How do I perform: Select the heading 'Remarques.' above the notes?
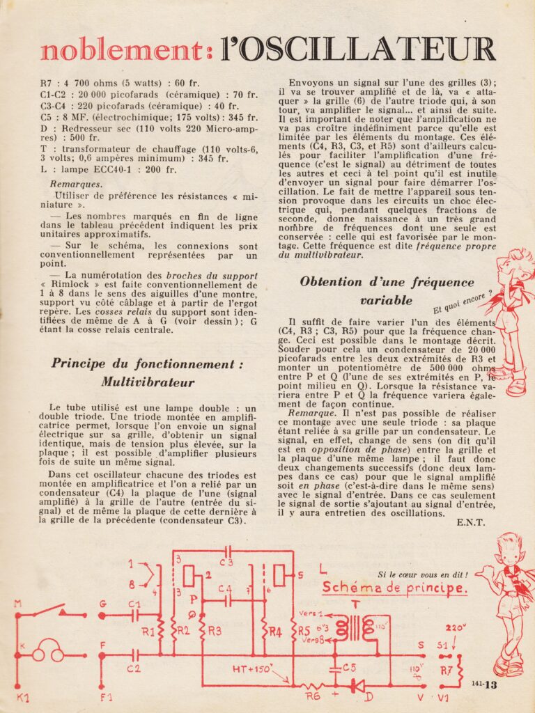(x=76, y=184)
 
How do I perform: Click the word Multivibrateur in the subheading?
(x=147, y=382)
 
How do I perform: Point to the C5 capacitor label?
(x=349, y=667)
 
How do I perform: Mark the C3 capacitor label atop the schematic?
(x=226, y=563)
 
